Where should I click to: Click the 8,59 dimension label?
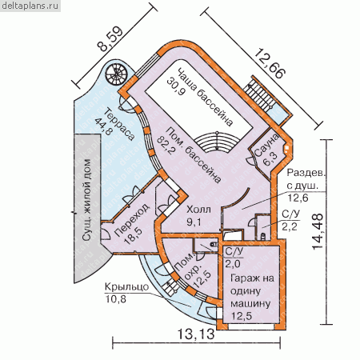110,39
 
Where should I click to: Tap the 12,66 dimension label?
270,64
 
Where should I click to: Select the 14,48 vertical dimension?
318,232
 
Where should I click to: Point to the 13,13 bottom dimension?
196,334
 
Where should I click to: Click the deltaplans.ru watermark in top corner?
30,6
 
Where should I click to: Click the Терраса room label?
119,124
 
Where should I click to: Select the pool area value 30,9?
176,86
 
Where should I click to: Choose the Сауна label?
266,145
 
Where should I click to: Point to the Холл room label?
198,210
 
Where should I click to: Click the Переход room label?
132,220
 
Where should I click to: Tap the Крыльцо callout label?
126,287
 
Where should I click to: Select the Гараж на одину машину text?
252,291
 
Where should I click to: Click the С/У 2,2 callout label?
290,214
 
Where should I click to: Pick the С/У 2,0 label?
234,252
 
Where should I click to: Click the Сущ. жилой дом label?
87,200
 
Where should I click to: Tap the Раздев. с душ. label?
306,179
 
